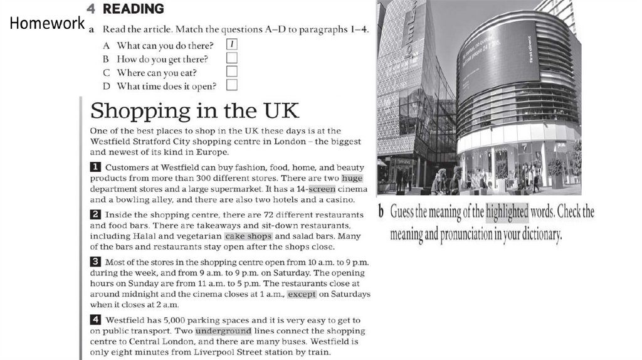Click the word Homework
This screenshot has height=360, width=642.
click(x=47, y=24)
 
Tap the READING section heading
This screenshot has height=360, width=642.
click(x=134, y=9)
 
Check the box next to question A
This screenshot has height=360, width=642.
click(x=232, y=45)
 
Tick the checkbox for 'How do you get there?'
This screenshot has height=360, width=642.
click(x=232, y=58)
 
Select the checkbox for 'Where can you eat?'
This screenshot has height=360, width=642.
click(x=232, y=72)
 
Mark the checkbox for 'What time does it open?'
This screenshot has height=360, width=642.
click(x=232, y=86)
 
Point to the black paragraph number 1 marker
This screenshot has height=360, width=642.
click(x=96, y=167)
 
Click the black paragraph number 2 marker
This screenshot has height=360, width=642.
click(x=96, y=214)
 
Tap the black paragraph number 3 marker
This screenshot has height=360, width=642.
click(x=96, y=262)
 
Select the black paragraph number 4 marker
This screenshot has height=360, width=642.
click(x=96, y=320)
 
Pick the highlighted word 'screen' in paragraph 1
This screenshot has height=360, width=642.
click(x=322, y=189)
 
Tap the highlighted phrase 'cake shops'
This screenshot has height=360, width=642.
click(x=248, y=236)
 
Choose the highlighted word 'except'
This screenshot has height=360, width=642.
click(x=302, y=294)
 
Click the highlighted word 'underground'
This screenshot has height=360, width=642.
click(x=223, y=331)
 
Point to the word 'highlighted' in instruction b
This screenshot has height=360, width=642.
click(x=507, y=212)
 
